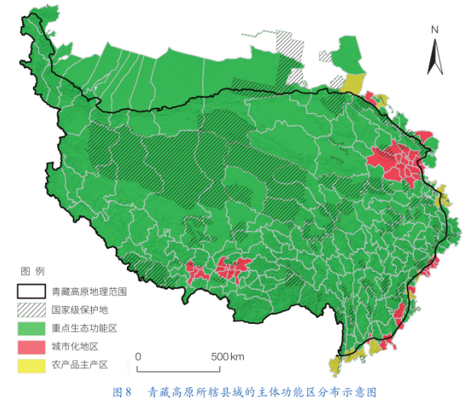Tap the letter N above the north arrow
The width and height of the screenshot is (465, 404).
pos(434,30)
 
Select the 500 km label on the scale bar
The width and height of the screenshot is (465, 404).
pos(227,357)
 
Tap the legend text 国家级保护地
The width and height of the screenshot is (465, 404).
pos(80,310)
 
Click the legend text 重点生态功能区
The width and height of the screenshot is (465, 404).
pos(84,328)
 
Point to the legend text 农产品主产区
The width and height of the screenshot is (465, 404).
pos(80,365)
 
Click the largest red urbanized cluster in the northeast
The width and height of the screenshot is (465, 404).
pos(393,163)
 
